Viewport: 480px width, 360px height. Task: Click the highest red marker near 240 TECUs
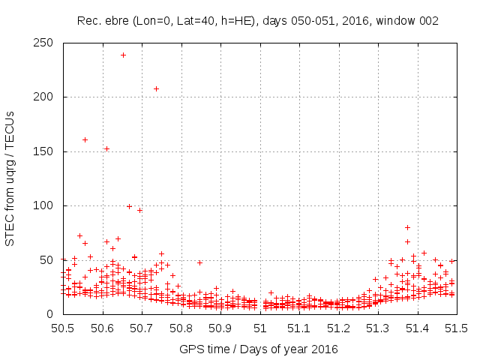pyautogui.click(x=123, y=55)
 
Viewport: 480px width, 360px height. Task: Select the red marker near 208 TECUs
pyautogui.click(x=156, y=88)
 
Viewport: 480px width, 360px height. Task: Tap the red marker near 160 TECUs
pyautogui.click(x=85, y=139)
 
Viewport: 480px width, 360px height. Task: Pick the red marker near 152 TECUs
pyautogui.click(x=106, y=148)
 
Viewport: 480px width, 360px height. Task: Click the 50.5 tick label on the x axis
pyautogui.click(x=62, y=328)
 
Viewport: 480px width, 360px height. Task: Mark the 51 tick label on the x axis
pyautogui.click(x=260, y=328)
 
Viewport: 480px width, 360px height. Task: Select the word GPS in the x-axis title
pyautogui.click(x=190, y=349)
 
